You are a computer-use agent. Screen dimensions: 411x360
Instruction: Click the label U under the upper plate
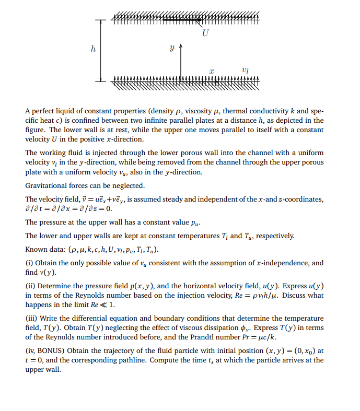coord(206,33)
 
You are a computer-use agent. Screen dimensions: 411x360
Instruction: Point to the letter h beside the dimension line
coord(94,50)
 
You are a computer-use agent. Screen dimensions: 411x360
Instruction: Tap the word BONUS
coord(50,349)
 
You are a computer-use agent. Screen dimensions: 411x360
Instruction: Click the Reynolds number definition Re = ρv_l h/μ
coord(268,295)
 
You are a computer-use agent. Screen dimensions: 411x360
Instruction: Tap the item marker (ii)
coord(30,286)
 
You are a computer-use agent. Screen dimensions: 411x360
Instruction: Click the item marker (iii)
coord(31,318)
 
